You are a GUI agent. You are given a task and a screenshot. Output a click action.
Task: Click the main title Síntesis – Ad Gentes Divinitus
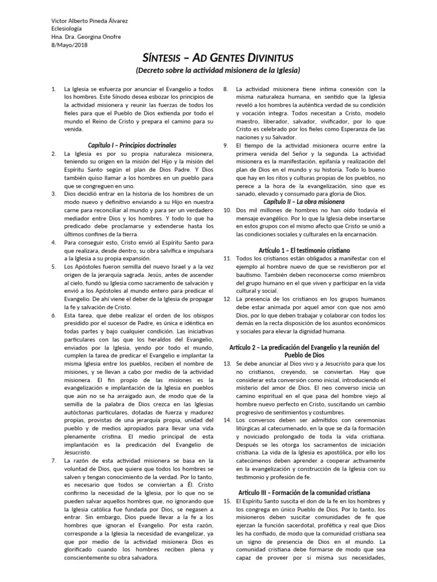pos(218,57)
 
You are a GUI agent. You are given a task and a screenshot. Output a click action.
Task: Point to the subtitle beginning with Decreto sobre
pos(218,70)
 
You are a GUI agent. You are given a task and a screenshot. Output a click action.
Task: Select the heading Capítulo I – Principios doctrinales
pos(131,145)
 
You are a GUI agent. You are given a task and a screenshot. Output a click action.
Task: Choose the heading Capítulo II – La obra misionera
pos(304,202)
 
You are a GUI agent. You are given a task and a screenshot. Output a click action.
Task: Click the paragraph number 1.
pos(53,89)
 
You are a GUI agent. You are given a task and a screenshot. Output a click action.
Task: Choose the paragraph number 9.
pos(226,145)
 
